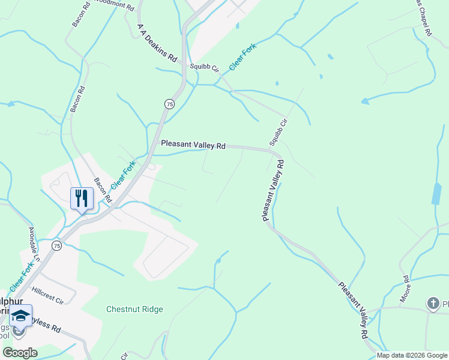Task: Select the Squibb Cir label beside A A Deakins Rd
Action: pos(202,67)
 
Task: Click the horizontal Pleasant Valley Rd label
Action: pos(193,145)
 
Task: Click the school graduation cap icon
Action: pos(20,316)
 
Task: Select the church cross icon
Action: pos(433,303)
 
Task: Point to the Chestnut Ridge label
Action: pos(134,310)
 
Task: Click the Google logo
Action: pos(20,353)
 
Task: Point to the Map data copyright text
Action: pos(412,355)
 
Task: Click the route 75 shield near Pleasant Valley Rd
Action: pos(170,104)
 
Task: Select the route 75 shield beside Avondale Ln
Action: pos(56,245)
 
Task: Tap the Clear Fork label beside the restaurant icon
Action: pos(123,173)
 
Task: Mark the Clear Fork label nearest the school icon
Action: pos(22,277)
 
